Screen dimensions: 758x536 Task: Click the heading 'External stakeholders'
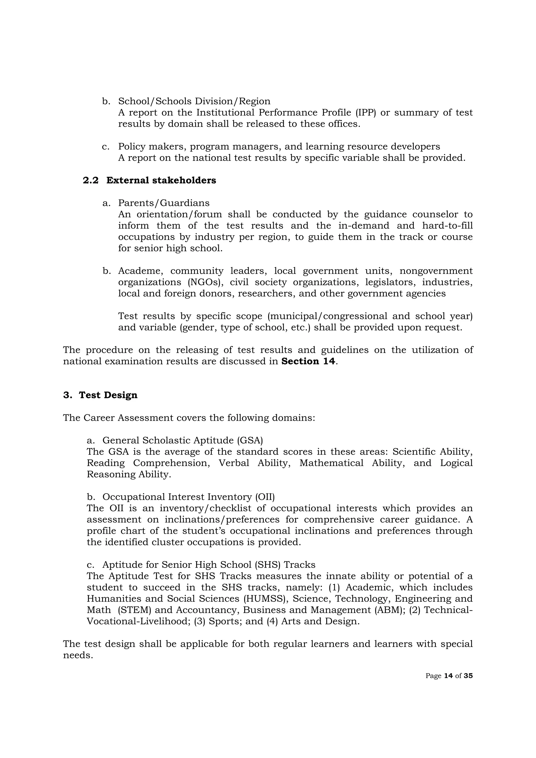click(x=161, y=180)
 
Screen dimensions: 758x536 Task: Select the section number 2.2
click(x=91, y=180)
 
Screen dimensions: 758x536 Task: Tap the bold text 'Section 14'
click(x=308, y=361)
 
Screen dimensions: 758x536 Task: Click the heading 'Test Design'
click(x=108, y=395)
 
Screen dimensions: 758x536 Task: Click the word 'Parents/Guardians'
click(x=164, y=203)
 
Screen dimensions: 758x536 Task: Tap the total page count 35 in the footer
click(x=468, y=676)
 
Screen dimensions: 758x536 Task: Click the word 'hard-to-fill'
click(x=447, y=226)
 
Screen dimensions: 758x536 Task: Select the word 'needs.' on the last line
click(x=78, y=655)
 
